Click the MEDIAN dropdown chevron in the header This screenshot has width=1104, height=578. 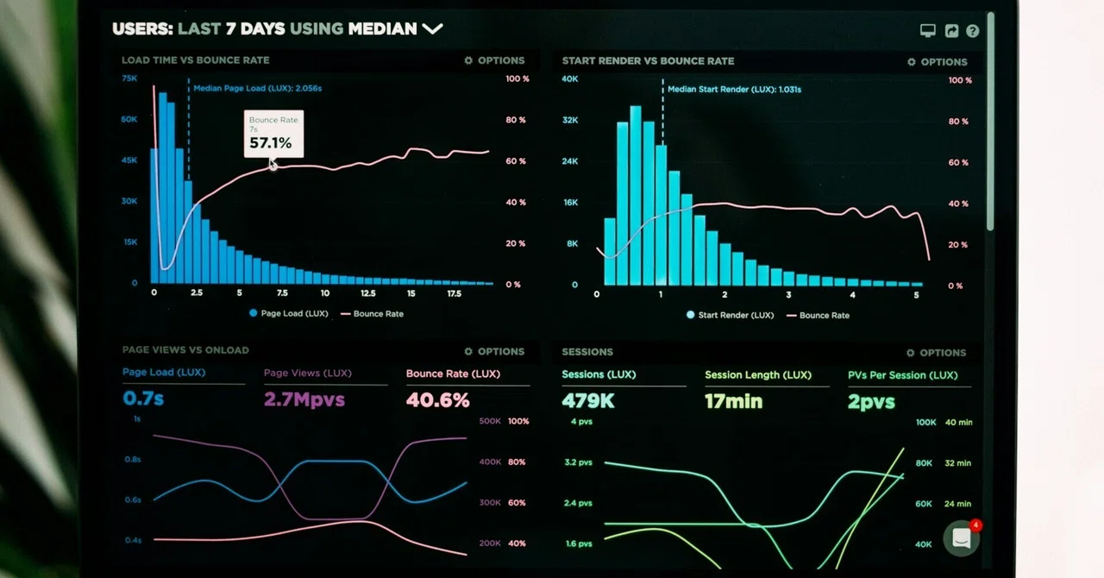pyautogui.click(x=432, y=29)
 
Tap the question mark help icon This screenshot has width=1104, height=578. pyautogui.click(x=972, y=31)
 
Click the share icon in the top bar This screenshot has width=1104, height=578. pyautogui.click(x=951, y=31)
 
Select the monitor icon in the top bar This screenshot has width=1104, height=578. pyautogui.click(x=927, y=31)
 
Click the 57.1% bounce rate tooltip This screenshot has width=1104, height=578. pyautogui.click(x=273, y=134)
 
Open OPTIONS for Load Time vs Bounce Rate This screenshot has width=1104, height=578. pyautogui.click(x=494, y=60)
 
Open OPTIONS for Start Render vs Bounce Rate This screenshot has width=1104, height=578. pyautogui.click(x=937, y=62)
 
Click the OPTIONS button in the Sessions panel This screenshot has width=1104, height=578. pyautogui.click(x=936, y=353)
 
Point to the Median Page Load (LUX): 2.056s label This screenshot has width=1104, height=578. pyautogui.click(x=257, y=88)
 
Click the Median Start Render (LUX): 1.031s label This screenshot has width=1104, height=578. pyautogui.click(x=734, y=89)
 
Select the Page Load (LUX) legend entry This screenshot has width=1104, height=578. pyautogui.click(x=289, y=313)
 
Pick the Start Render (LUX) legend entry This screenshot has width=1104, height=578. pyautogui.click(x=731, y=315)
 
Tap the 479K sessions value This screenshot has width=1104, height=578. pyautogui.click(x=588, y=401)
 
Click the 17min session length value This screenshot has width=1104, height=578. pyautogui.click(x=733, y=401)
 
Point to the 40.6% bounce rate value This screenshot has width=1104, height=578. pyautogui.click(x=437, y=400)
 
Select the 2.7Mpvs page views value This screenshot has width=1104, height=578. pyautogui.click(x=304, y=399)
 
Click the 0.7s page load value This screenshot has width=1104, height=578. pyautogui.click(x=143, y=398)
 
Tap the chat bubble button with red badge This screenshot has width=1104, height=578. pyautogui.click(x=961, y=538)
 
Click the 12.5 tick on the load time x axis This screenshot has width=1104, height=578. pyautogui.click(x=367, y=293)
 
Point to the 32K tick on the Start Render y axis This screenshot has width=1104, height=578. pyautogui.click(x=570, y=120)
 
